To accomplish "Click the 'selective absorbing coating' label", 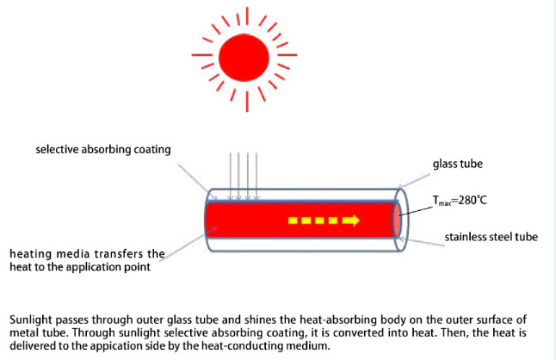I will (x=103, y=150).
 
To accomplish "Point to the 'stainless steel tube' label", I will (x=491, y=237).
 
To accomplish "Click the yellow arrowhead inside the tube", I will (x=350, y=221).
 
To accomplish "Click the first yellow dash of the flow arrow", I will (x=293, y=221).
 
